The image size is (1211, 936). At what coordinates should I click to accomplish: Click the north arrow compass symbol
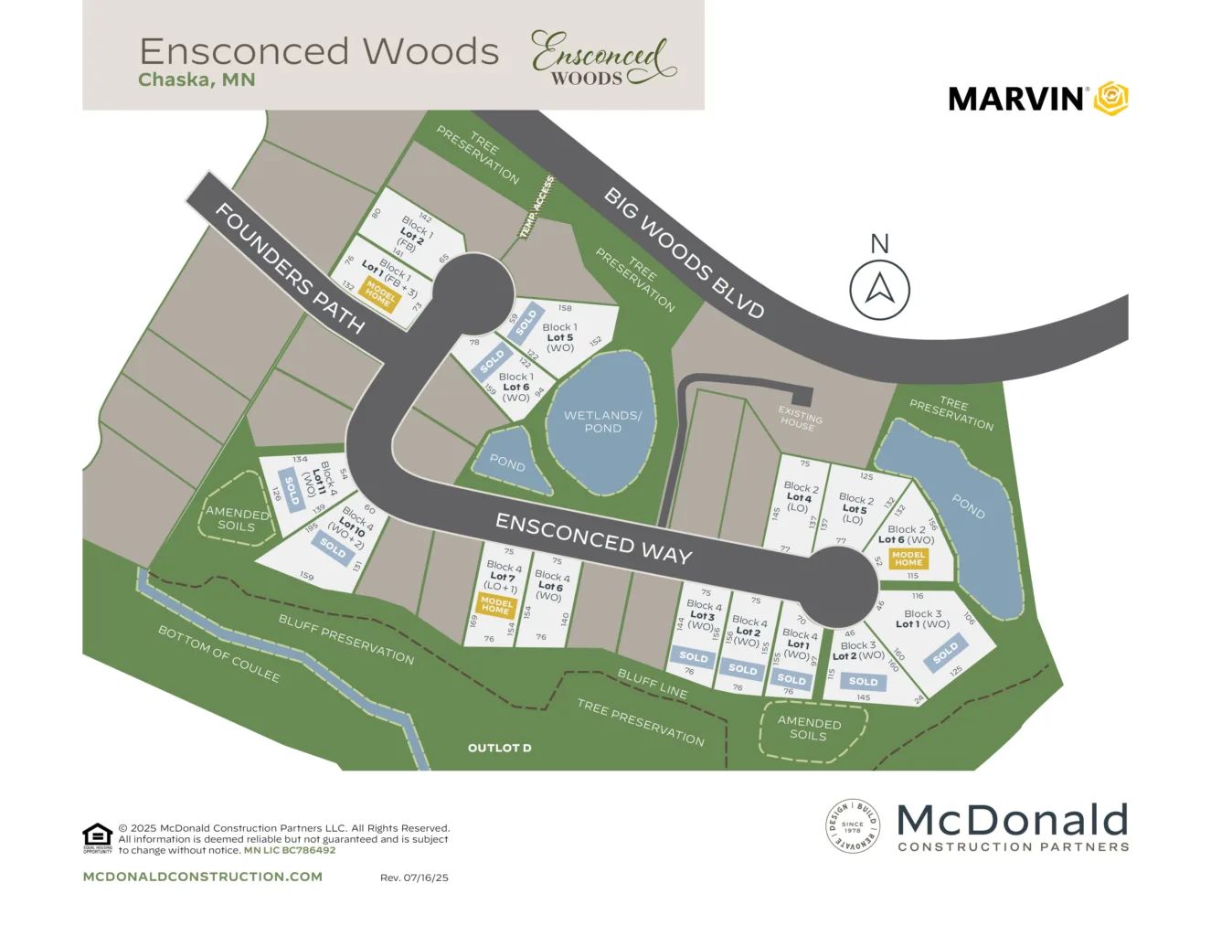coord(879,290)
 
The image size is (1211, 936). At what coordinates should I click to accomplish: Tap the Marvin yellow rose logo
coord(1111,98)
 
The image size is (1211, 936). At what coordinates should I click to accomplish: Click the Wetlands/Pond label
coord(602,421)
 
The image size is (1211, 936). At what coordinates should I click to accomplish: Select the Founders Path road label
coord(290,268)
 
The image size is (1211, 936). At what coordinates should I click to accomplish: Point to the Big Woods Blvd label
coord(684,252)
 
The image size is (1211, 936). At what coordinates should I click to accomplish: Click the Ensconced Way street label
coord(593,537)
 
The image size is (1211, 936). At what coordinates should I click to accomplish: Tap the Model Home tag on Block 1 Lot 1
coord(379,294)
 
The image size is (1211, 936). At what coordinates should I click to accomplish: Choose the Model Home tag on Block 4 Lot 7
coord(496,605)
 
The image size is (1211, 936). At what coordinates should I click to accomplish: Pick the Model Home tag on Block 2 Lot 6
coord(908,558)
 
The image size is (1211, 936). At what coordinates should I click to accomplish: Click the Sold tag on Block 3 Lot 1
coord(945,653)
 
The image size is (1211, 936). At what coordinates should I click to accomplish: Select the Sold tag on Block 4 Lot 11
coord(292,492)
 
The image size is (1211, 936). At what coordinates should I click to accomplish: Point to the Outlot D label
coord(499,748)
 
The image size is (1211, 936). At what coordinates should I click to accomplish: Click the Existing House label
coord(800,418)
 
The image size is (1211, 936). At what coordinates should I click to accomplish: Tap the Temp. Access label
coord(536,207)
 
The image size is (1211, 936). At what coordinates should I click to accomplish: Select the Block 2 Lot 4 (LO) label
coord(798,497)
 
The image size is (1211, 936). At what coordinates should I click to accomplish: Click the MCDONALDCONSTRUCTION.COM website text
coord(202,877)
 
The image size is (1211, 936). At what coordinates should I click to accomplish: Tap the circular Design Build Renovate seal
coord(852,825)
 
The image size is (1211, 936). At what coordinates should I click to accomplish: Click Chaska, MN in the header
coord(197,80)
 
